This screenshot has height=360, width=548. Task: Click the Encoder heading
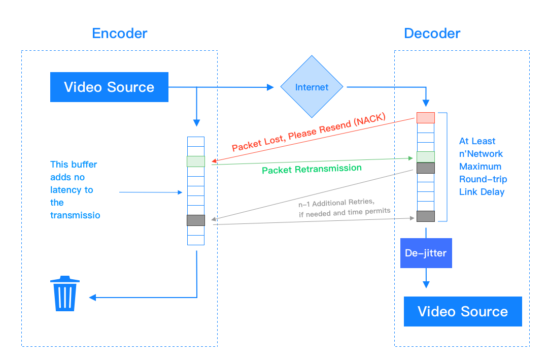tap(119, 34)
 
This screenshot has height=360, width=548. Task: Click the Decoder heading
tap(432, 34)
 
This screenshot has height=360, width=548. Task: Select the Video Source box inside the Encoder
tap(109, 87)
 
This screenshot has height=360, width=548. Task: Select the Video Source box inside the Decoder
tap(463, 311)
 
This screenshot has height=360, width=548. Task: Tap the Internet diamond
tap(312, 87)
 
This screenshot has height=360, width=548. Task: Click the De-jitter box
tap(426, 253)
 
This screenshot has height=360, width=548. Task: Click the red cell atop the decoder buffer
tap(426, 118)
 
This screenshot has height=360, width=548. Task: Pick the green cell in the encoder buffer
tap(195, 161)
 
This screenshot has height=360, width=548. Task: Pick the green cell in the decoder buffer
tap(426, 157)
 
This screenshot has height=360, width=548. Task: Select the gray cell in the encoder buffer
tap(195, 220)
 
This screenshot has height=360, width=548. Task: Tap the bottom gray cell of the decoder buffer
tap(426, 216)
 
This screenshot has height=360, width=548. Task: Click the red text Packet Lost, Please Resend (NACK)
tap(309, 132)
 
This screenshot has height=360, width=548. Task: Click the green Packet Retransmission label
tap(312, 169)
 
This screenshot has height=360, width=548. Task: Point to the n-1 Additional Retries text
tap(337, 204)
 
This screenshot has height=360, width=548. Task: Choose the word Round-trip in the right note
tap(483, 179)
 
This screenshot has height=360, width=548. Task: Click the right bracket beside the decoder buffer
tap(446, 167)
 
